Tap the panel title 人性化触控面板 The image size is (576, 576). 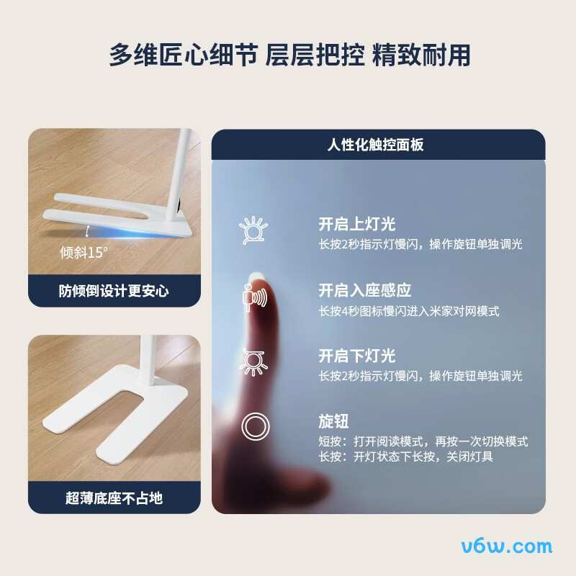[375, 145]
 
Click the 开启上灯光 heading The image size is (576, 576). [357, 225]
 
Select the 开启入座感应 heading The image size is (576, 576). [365, 291]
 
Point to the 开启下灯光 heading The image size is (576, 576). [357, 356]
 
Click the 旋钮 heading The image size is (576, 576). [333, 421]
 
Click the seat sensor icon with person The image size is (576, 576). [254, 296]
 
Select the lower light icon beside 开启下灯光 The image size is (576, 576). [253, 361]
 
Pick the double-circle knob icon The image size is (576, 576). [254, 427]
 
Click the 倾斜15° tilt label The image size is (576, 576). [84, 253]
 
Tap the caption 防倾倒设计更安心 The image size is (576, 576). [114, 291]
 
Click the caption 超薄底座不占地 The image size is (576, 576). [114, 498]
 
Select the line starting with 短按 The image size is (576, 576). [423, 441]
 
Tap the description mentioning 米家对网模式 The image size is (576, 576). [409, 311]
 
